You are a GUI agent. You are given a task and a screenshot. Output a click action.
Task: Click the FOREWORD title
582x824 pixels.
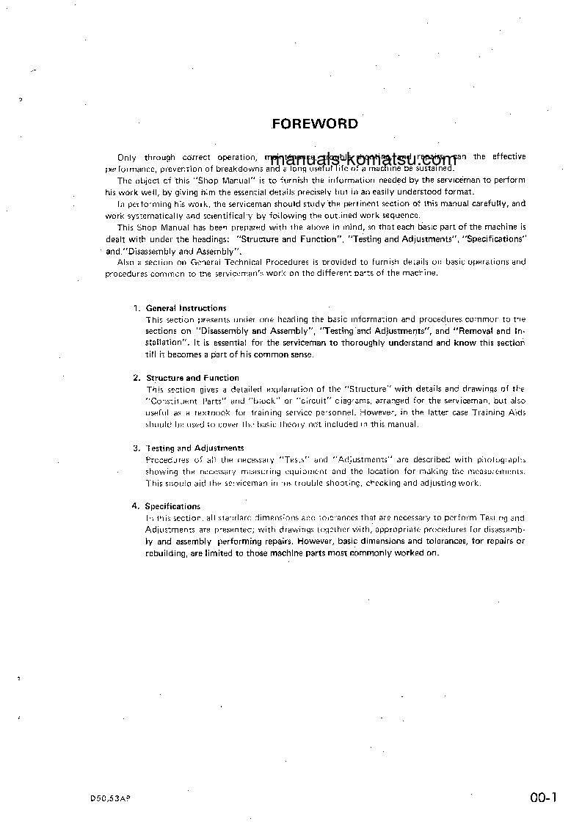[x=315, y=123]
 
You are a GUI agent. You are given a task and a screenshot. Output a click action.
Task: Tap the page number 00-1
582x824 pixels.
[x=544, y=798]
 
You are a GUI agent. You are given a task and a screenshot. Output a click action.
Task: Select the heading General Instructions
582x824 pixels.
[x=186, y=308]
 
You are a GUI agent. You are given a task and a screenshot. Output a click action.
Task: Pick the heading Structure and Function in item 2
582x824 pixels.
[x=192, y=378]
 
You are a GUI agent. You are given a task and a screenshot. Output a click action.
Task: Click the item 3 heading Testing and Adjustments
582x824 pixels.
[x=194, y=448]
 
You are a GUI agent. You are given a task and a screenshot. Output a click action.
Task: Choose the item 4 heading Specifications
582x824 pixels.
[x=172, y=506]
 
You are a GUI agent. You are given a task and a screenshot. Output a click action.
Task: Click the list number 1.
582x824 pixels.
[x=136, y=308]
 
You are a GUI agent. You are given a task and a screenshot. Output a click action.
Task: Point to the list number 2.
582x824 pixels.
[x=136, y=378]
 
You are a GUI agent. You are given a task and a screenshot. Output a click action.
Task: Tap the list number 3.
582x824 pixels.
[x=136, y=448]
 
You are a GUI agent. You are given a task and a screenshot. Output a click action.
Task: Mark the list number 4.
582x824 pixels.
[x=135, y=506]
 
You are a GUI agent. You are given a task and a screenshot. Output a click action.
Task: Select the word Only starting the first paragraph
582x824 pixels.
[x=127, y=157]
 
